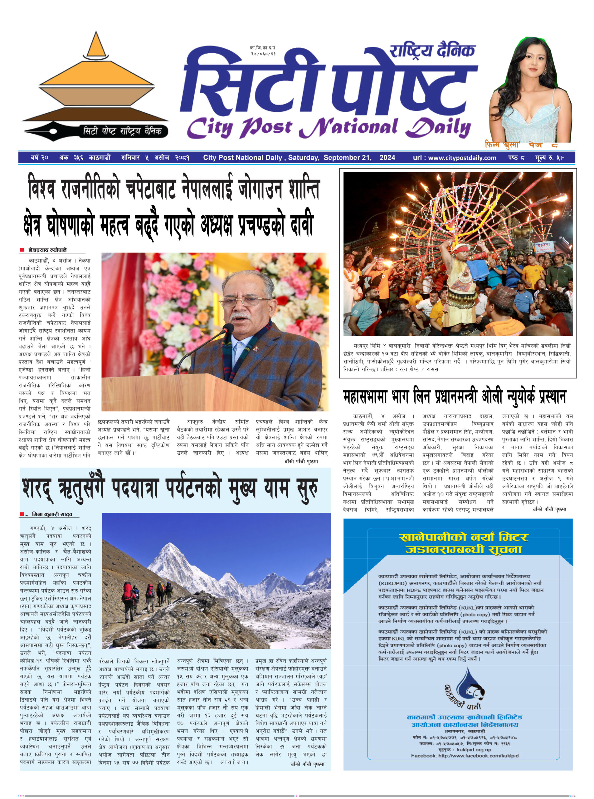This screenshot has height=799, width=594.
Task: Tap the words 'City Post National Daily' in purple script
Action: pos(328,128)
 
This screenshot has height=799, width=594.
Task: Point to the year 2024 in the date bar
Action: pos(387,158)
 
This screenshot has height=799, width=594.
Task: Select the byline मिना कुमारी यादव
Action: pos(52,514)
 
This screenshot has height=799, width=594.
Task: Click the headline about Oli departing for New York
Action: pos(455,397)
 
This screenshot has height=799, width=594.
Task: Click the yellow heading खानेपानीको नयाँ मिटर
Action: pos(464,537)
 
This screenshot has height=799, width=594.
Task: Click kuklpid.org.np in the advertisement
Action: pos(474,750)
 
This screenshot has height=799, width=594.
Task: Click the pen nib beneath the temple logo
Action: pos(49,130)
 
